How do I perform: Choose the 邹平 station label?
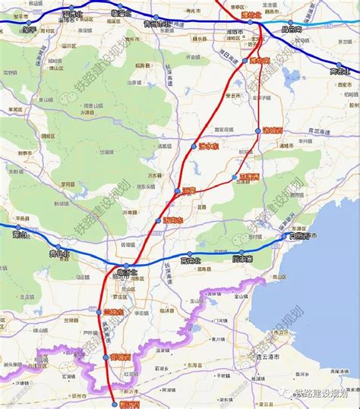(30, 30)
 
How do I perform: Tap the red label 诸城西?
(272, 131)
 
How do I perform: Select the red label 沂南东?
(173, 221)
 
